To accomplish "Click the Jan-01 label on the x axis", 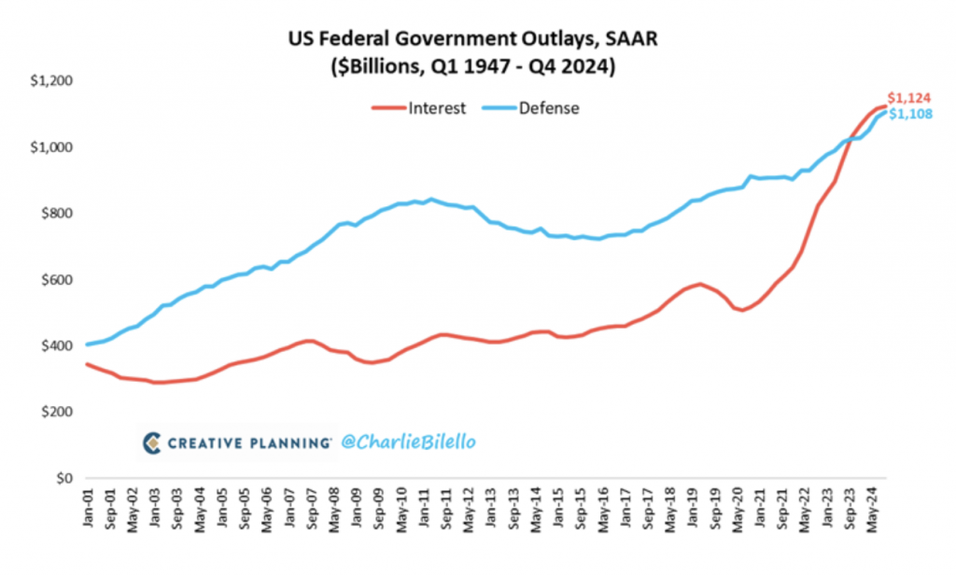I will click(88, 511).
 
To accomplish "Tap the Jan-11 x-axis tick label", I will click(423, 511).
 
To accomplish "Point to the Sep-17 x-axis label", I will click(647, 511).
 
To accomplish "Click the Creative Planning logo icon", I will click(152, 442).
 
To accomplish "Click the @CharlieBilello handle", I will click(406, 442).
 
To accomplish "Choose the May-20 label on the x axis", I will click(737, 511).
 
